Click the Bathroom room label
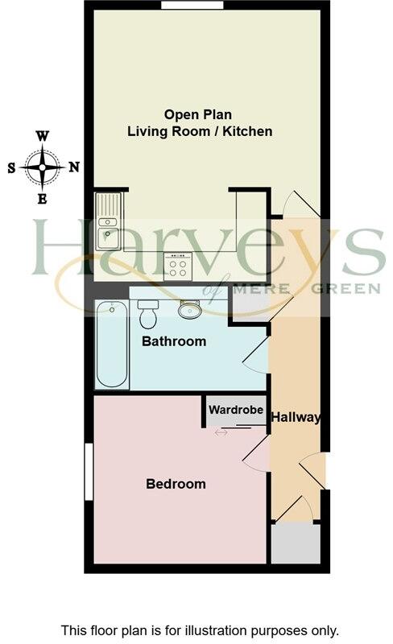pos(174,341)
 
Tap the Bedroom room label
pos(176,484)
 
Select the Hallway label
pos(296,417)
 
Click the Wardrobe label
pos(236,410)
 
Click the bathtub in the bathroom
pos(111,344)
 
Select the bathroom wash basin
pos(190,309)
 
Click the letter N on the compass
pos(74,167)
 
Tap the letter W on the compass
pos(42,137)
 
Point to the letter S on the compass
pos(11,168)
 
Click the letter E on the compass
pos(42,199)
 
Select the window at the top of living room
pos(192,6)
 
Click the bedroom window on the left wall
pos(89,471)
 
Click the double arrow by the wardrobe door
pos(221,432)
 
